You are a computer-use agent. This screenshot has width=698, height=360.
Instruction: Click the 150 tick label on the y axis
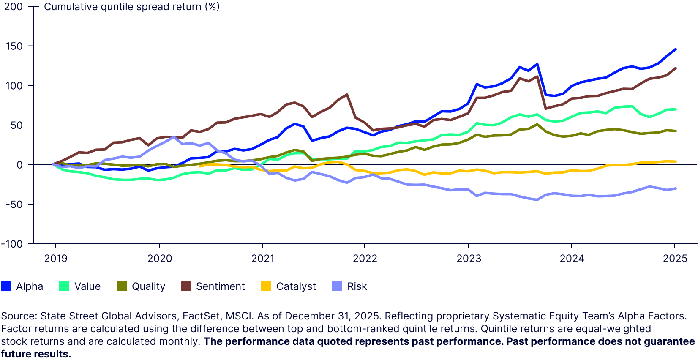[14, 46]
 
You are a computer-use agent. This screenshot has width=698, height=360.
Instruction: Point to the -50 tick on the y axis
[14, 204]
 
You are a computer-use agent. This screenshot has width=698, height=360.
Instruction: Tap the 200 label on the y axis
[14, 7]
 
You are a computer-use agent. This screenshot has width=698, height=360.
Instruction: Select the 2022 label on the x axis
[365, 259]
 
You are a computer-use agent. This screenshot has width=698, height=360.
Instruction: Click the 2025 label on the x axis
[675, 259]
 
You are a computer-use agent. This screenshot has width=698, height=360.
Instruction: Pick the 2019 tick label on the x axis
[55, 259]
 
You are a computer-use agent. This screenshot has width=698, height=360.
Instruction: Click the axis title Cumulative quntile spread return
[131, 7]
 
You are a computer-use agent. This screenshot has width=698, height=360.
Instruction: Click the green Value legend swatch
[64, 286]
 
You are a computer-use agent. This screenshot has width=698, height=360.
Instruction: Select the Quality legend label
[148, 286]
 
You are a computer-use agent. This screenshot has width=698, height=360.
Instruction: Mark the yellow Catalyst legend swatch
[266, 286]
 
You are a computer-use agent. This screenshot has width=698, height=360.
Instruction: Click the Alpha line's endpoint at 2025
[676, 49]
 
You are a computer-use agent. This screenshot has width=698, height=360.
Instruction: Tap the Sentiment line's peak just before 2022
[347, 95]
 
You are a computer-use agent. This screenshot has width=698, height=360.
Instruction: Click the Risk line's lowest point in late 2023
[537, 200]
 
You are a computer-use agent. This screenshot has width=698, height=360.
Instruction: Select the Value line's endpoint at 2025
[676, 109]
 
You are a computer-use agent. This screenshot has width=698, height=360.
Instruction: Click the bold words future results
[36, 354]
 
